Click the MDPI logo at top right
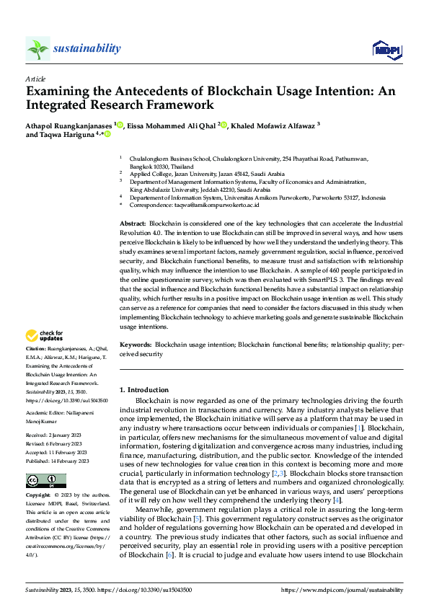(386, 48)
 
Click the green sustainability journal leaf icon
(37, 48)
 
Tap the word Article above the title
(35, 78)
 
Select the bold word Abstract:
(132, 224)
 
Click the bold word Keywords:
(135, 346)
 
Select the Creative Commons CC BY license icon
(45, 481)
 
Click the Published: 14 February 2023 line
(58, 461)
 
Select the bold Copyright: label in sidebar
(39, 496)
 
